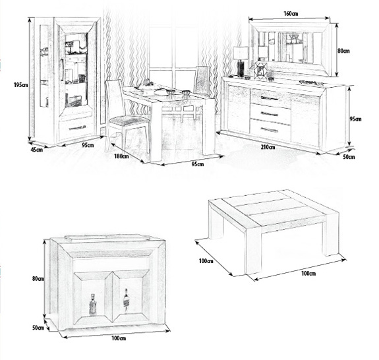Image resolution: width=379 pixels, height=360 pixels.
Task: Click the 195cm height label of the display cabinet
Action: click(21, 85)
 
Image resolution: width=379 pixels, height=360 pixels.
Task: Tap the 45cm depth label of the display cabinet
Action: click(37, 150)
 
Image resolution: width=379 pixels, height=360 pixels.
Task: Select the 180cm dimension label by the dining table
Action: click(121, 156)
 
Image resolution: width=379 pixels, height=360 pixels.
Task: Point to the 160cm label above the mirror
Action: click(291, 13)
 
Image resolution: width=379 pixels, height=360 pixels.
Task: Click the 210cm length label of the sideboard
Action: click(268, 147)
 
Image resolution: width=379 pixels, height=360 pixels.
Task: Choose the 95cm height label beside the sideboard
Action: click(355, 119)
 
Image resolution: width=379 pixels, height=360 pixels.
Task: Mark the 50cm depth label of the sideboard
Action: click(349, 157)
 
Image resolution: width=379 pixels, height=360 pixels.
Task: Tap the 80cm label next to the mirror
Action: click(343, 51)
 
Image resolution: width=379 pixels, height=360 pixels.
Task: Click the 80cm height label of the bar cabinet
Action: click(38, 278)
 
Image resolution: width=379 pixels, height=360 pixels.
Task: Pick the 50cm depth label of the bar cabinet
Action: click(38, 328)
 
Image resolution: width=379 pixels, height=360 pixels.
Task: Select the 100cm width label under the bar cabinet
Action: click(119, 338)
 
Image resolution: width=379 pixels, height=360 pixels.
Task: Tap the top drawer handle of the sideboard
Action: click(270, 98)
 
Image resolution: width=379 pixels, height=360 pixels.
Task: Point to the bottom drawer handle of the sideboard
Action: click(270, 130)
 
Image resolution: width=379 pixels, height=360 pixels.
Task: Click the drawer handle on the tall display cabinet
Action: click(77, 128)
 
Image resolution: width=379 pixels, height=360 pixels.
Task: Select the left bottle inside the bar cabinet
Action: click(92, 305)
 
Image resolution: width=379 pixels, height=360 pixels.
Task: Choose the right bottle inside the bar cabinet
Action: click(126, 301)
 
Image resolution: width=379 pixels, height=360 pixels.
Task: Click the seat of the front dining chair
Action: click(129, 121)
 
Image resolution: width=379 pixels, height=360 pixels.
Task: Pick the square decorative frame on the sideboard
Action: click(260, 70)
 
